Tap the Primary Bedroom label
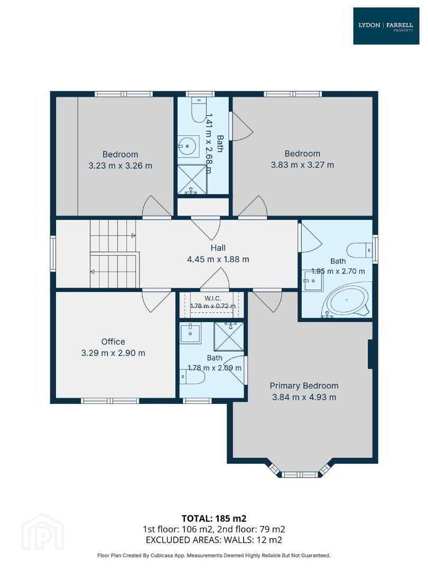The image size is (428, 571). coord(304,385)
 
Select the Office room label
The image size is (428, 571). coord(113,342)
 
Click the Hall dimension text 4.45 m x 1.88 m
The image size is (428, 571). coord(218,259)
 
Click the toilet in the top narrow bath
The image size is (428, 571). coord(199,110)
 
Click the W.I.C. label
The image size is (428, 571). coord(213,298)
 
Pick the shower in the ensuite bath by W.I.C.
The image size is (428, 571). coord(229,336)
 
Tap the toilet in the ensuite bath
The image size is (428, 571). coord(193,376)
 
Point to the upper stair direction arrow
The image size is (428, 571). coord(133,236)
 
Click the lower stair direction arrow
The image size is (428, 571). coord(93,271)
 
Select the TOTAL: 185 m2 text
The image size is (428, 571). coord(214,518)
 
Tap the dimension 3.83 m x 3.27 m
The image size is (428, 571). coord(302,164)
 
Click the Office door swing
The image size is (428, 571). coord(156,301)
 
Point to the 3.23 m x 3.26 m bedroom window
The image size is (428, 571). coord(124,94)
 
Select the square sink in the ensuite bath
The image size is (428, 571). coord(190,333)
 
